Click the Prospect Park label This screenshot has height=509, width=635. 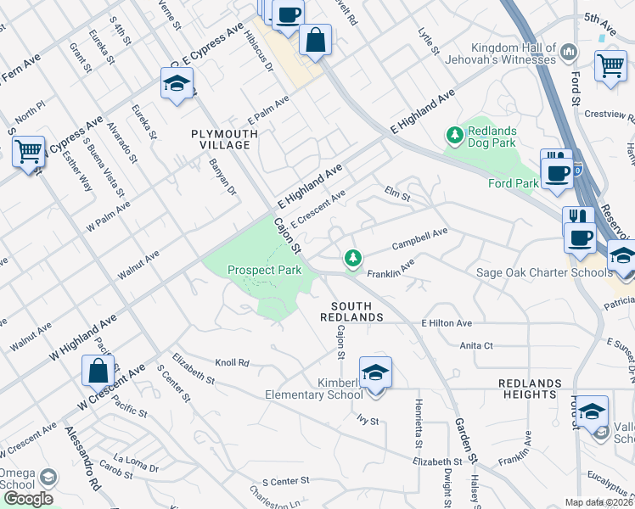click(x=264, y=271)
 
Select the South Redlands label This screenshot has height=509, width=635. click(x=357, y=310)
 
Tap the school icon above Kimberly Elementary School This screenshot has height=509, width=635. click(x=374, y=371)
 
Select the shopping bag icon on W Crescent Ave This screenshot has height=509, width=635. click(x=98, y=371)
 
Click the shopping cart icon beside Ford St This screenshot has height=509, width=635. click(x=610, y=64)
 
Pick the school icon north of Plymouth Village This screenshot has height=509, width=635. click(x=177, y=83)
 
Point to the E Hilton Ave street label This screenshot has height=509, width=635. click(x=446, y=323)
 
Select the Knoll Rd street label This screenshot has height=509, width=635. click(x=232, y=362)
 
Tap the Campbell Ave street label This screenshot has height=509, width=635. click(x=419, y=238)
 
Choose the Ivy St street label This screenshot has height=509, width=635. click(x=366, y=419)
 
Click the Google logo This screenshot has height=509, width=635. click(x=28, y=499)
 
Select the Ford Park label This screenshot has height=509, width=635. click(x=514, y=183)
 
